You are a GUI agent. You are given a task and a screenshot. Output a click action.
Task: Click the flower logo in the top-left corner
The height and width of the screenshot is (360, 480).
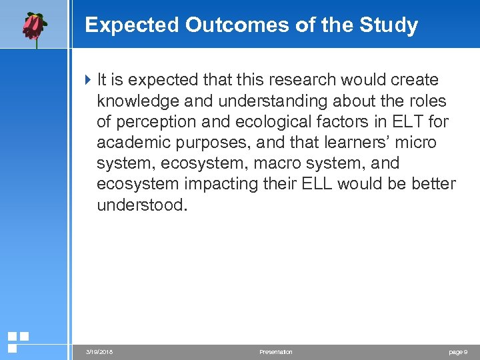click(x=33, y=27)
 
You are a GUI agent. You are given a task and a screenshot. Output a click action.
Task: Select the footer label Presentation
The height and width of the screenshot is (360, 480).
click(x=275, y=352)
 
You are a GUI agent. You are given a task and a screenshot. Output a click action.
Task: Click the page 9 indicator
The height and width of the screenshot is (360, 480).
click(x=457, y=352)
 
